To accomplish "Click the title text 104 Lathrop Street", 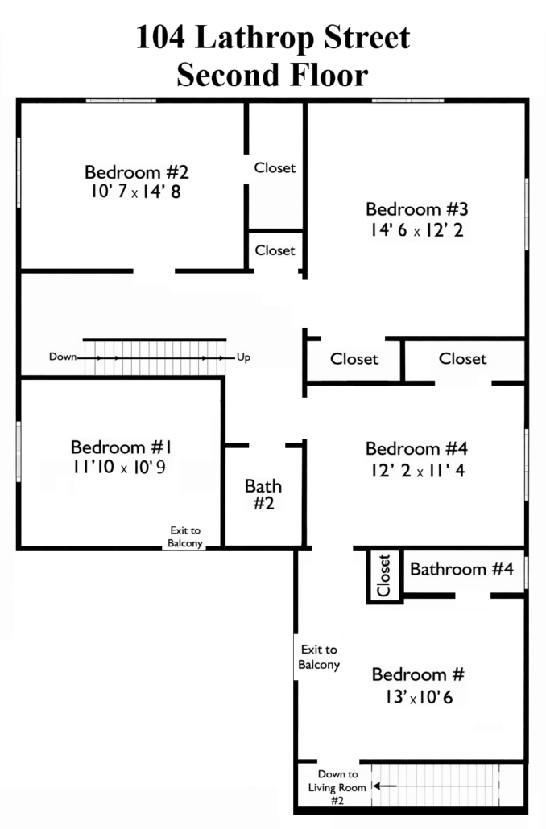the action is (x=273, y=38).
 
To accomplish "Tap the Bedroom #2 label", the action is (x=137, y=172).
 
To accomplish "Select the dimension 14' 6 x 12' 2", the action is (x=417, y=230).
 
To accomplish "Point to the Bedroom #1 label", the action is (x=122, y=447).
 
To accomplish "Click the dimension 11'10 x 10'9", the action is (x=119, y=468).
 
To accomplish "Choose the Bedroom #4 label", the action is (x=417, y=449).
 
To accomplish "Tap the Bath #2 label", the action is (x=263, y=495).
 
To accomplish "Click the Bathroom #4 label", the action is (x=462, y=569).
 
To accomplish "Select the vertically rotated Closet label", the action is (x=384, y=575).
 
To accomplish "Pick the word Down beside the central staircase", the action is (x=63, y=357).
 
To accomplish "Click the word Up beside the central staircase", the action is (x=243, y=357).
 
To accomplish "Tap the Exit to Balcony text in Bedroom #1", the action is (x=185, y=537).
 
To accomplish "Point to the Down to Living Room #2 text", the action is (x=337, y=787).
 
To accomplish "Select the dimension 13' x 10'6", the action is (x=419, y=697).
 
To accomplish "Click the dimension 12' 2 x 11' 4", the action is (x=418, y=470).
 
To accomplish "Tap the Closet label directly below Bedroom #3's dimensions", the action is (x=462, y=358).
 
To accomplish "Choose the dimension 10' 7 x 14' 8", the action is (x=136, y=192).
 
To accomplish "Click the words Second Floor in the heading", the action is (x=272, y=75).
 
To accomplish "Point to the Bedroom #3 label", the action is (x=417, y=209).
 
